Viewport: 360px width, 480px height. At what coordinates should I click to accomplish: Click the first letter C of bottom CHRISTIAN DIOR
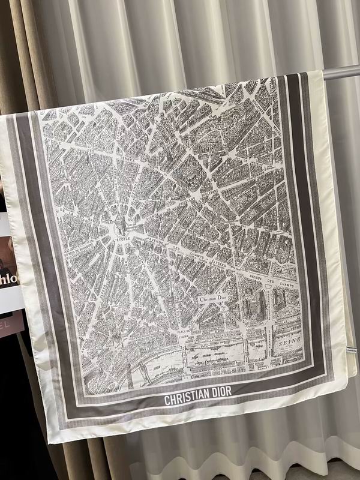[167, 400]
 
